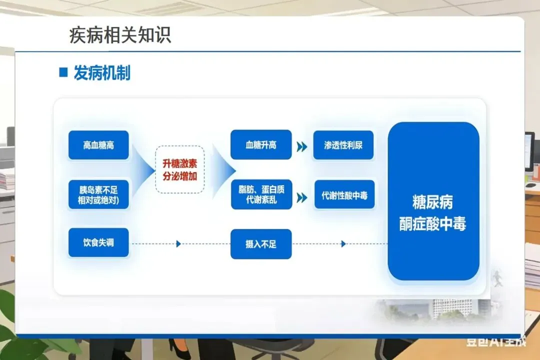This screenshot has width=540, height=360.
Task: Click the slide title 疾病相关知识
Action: point(120,35)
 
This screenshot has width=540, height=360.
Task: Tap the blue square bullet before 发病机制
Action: point(63,72)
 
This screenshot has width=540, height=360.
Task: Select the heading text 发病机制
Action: point(102,73)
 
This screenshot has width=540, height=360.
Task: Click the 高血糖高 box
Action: point(98,145)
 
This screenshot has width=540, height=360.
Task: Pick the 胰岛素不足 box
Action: point(98,195)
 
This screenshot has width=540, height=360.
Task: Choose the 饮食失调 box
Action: point(98,242)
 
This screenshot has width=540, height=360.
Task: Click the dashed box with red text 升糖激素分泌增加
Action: point(179,169)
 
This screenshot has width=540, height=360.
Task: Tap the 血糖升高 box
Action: point(260,145)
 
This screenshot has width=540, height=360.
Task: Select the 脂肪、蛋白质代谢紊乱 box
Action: point(260,195)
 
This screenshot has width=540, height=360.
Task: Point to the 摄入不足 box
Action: point(260,244)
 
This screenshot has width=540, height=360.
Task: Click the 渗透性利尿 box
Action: point(343,145)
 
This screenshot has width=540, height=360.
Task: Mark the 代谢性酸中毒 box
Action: point(344,195)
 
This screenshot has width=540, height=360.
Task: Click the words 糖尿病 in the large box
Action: point(433,202)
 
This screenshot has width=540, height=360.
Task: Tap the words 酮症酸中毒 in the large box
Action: point(433,224)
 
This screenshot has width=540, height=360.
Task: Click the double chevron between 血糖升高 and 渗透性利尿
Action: point(301,146)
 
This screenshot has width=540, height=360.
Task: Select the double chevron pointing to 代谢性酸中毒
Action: point(301,197)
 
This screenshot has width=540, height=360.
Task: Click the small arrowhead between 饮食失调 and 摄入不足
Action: point(178,244)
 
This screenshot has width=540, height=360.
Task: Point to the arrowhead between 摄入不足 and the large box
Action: point(343,244)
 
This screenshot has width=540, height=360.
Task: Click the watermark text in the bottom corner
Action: point(496,341)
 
